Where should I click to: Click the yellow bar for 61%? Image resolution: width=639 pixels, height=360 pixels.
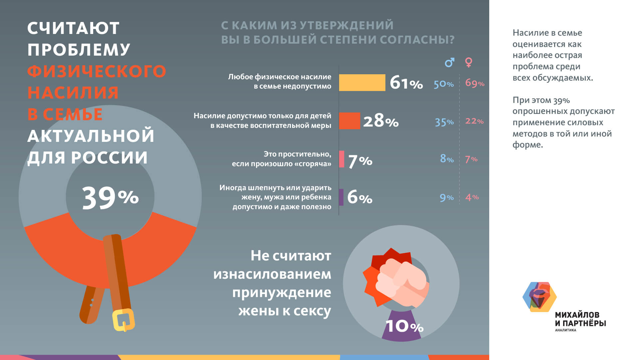coord(362,83)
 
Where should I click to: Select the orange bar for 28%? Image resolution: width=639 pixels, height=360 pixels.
coord(349,121)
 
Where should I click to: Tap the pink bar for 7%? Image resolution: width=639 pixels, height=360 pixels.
coord(341,159)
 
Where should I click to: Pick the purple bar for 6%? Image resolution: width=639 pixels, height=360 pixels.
coord(341,197)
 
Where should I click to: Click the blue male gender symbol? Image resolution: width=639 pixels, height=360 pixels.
coord(449,62)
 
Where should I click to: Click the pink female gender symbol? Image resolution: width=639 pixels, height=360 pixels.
coord(469,62)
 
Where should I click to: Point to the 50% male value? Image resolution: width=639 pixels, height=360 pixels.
coord(443,84)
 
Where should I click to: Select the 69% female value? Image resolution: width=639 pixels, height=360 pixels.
coord(475,83)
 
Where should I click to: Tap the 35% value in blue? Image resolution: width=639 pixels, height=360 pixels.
coord(444,122)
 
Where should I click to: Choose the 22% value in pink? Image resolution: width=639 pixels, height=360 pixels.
coord(474,121)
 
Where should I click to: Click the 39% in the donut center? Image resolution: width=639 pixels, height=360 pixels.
coord(110,198)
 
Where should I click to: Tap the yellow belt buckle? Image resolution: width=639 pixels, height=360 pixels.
coord(123,319)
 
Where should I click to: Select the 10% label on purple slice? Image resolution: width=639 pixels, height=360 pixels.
coord(404,326)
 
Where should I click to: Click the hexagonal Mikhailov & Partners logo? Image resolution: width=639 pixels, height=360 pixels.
coord(539,297)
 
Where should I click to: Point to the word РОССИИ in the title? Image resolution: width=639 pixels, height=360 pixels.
coord(109,158)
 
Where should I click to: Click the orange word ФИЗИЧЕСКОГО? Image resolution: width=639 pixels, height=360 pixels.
coord(97,71)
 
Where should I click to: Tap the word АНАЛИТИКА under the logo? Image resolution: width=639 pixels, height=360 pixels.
coord(565,330)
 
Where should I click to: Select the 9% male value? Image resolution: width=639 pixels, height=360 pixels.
coord(447,198)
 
